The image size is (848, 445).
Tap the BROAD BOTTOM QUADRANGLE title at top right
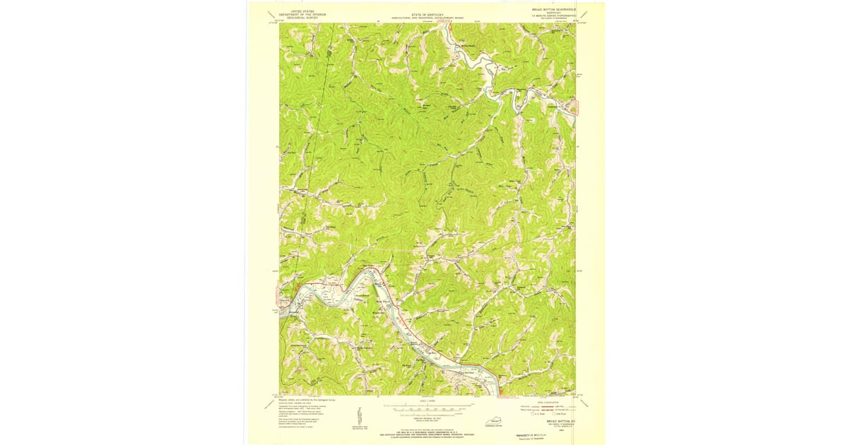[x=555, y=10]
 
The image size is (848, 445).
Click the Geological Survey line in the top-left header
[x=296, y=18]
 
